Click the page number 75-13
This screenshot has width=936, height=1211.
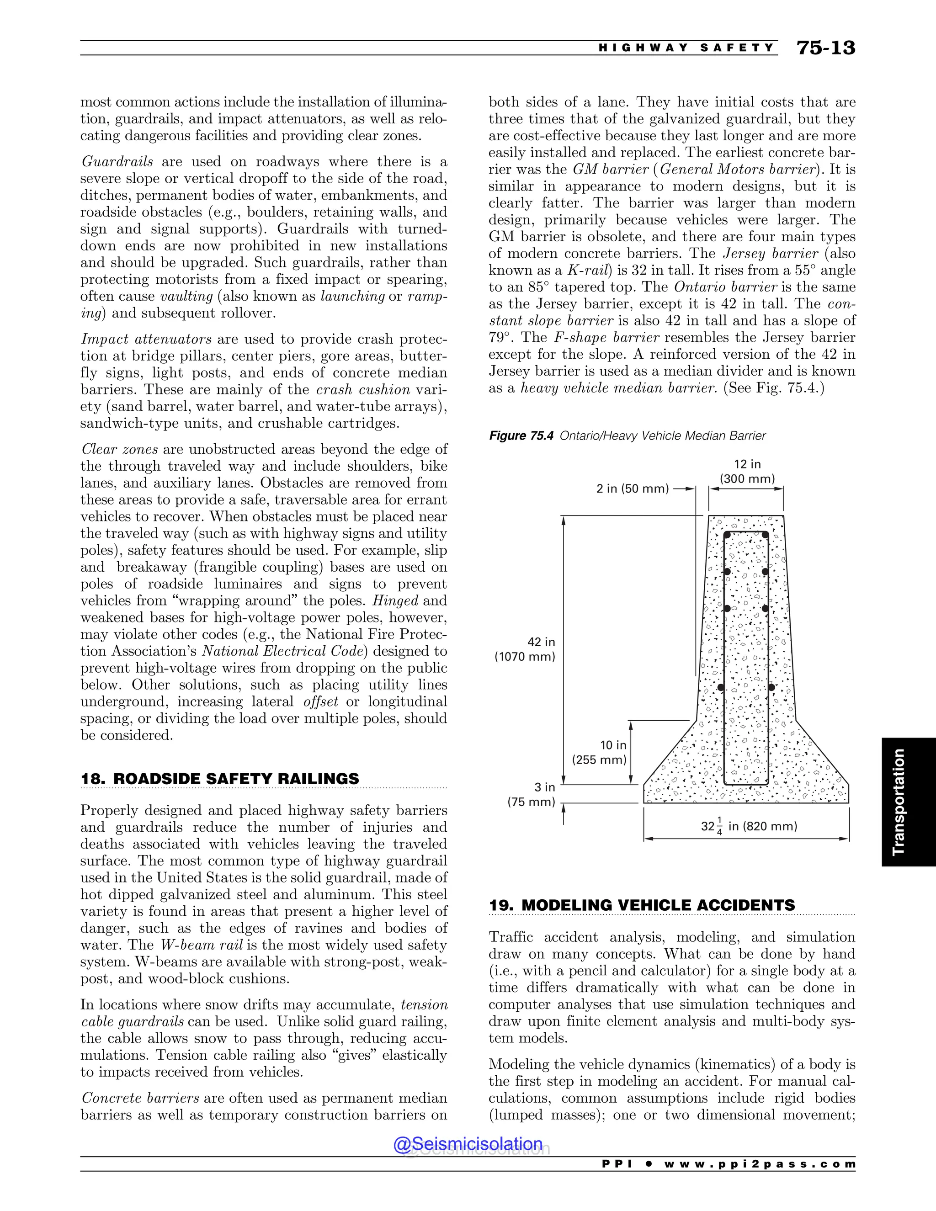point(826,48)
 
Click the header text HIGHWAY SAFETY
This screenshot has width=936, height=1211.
point(686,48)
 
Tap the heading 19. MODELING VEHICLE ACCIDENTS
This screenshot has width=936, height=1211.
point(642,905)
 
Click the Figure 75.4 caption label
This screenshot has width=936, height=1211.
point(521,436)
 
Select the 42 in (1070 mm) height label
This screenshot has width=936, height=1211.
point(525,649)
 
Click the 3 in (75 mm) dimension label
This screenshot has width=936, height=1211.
point(531,795)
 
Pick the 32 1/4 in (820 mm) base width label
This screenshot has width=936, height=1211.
point(749,827)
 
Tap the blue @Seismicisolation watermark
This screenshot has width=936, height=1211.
point(468,1144)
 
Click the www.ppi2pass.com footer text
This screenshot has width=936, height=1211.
point(759,1164)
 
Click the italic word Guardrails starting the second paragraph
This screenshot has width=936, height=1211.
point(117,162)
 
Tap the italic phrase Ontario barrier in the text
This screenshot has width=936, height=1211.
point(726,287)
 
